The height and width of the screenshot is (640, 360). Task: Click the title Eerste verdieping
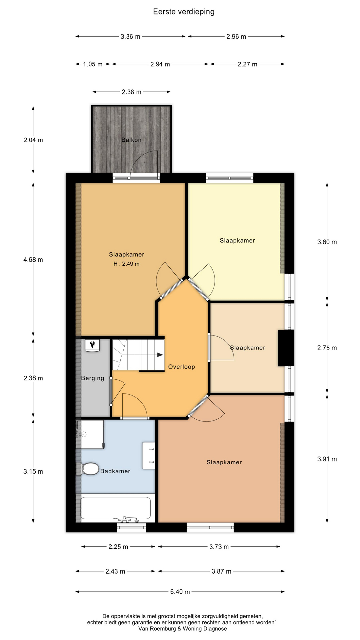184,12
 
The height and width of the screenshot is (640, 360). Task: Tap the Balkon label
131,140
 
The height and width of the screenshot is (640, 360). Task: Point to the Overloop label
181,367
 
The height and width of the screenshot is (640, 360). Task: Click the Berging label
93,378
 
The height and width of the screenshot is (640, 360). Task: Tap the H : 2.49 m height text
126,264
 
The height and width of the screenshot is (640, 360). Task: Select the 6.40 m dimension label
180,592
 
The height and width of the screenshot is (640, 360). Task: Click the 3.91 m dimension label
327,459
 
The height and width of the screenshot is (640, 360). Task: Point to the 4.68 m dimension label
33,260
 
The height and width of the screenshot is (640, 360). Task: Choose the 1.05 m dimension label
93,64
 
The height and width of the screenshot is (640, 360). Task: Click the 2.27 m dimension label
247,64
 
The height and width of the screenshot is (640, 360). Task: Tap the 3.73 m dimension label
219,547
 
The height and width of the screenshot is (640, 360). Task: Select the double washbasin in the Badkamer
149,456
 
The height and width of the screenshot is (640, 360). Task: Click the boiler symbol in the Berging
92,345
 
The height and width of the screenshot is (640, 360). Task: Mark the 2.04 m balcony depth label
33,140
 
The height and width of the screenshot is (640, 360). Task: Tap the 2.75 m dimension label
327,348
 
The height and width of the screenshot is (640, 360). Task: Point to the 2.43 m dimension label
115,571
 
